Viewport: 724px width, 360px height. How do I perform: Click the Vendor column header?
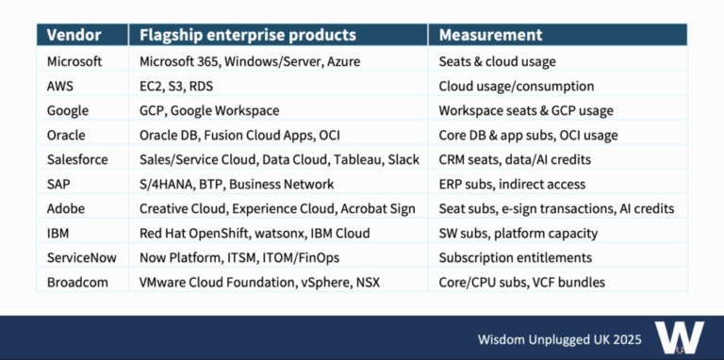click(73, 36)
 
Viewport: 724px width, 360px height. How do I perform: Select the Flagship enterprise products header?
click(247, 36)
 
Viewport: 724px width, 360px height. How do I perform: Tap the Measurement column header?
click(490, 36)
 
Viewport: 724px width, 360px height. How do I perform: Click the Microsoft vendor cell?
click(74, 60)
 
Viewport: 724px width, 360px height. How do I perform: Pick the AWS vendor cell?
click(61, 85)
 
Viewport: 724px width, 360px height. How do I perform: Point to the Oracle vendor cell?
click(66, 134)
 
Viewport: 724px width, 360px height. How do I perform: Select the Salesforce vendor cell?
click(75, 158)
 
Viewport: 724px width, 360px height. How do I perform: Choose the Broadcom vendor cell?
click(75, 281)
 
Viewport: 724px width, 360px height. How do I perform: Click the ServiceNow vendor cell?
click(80, 256)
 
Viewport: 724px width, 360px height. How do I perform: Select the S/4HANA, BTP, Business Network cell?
click(236, 183)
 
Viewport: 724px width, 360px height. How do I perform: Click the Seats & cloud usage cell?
click(497, 60)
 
